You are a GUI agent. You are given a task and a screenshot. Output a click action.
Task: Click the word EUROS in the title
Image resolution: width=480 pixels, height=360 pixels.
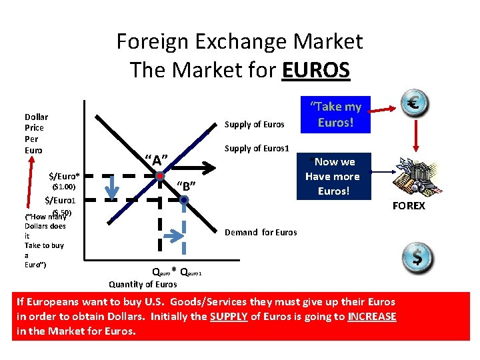[x=315, y=69]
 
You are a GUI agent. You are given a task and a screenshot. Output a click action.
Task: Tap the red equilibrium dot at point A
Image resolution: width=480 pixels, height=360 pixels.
[x=161, y=176]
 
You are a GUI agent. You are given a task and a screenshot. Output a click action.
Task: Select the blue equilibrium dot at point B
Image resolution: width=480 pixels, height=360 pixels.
[x=183, y=199]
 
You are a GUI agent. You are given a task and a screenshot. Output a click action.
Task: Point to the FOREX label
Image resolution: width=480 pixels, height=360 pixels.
[x=409, y=205]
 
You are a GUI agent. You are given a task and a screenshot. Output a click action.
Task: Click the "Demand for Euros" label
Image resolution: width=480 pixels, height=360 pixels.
[x=261, y=232]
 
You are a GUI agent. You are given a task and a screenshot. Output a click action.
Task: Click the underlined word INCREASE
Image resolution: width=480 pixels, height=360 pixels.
[x=372, y=316]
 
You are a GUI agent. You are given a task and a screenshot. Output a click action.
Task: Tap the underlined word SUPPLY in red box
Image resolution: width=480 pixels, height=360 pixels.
[x=228, y=316]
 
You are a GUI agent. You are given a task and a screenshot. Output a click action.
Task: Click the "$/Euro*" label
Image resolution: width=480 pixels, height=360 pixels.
[x=64, y=176]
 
